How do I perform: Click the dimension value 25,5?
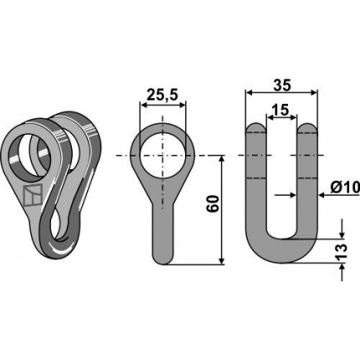click(162, 95)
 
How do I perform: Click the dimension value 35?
click(281, 85)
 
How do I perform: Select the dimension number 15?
click(280, 111)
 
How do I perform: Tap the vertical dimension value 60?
click(213, 204)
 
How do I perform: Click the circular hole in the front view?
click(162, 155)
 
